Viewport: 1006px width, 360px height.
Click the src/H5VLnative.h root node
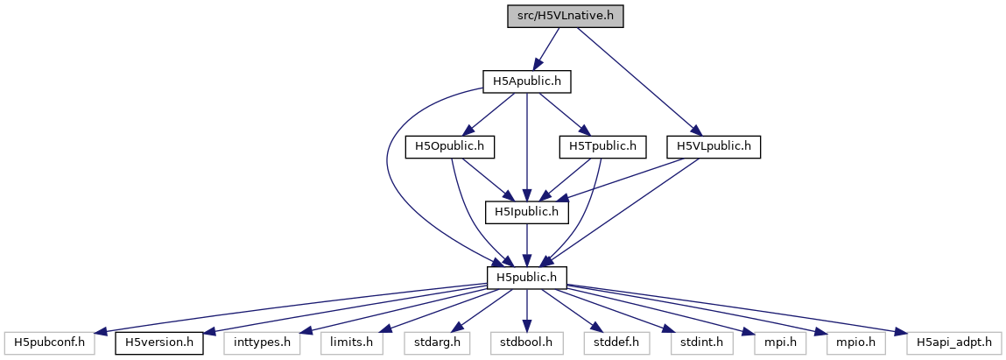tap(565, 17)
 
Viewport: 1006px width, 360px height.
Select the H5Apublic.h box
tap(527, 81)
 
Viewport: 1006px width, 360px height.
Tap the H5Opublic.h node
tap(450, 146)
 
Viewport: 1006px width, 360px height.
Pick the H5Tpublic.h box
tap(602, 146)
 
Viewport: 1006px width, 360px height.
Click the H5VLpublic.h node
tap(713, 146)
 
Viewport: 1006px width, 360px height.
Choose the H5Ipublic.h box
tap(527, 211)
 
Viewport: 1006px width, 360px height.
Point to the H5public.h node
tap(527, 276)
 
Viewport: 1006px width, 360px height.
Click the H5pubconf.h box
tap(48, 341)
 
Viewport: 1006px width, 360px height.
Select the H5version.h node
tap(159, 341)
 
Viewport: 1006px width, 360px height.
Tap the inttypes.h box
tap(260, 341)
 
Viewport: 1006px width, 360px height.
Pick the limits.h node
tap(350, 341)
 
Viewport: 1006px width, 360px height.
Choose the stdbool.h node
tap(527, 341)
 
